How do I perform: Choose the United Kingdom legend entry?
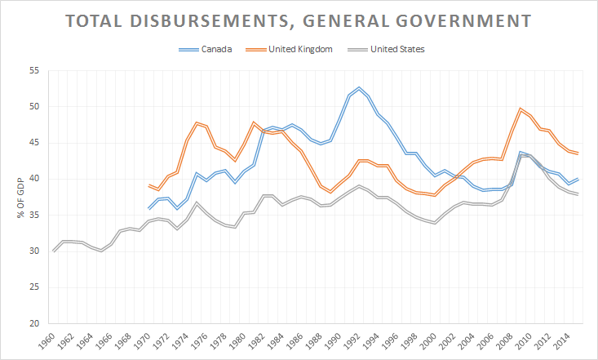click(x=301, y=49)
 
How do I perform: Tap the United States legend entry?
click(x=397, y=49)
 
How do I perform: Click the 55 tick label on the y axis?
click(x=35, y=70)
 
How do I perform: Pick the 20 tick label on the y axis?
click(x=35, y=323)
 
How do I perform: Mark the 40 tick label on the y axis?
click(x=35, y=179)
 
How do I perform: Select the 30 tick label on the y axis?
click(x=35, y=251)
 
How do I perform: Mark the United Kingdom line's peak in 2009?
click(x=520, y=109)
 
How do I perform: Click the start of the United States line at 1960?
click(x=54, y=251)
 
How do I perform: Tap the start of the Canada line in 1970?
click(x=148, y=208)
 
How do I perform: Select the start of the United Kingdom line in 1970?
click(x=148, y=185)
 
